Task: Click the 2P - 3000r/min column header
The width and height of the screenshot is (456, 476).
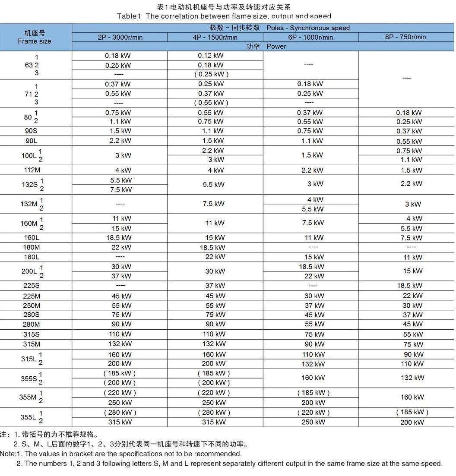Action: pyautogui.click(x=120, y=37)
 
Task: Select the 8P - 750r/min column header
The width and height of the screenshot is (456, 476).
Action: pyautogui.click(x=405, y=37)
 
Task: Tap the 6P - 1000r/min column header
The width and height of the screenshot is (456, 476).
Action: pyautogui.click(x=310, y=37)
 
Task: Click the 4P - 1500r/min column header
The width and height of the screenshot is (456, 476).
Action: pyautogui.click(x=215, y=37)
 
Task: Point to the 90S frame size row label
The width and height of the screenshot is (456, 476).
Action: pyautogui.click(x=31, y=131)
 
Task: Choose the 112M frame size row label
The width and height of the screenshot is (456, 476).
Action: pyautogui.click(x=32, y=170)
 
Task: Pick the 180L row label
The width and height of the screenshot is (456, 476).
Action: pyautogui.click(x=32, y=257)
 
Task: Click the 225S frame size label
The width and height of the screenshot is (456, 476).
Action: pyautogui.click(x=32, y=285)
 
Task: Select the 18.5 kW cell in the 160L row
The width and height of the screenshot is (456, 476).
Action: pyautogui.click(x=120, y=237)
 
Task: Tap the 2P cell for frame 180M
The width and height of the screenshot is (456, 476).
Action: pyautogui.click(x=120, y=247)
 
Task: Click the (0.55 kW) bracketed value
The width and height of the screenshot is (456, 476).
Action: pyautogui.click(x=211, y=103)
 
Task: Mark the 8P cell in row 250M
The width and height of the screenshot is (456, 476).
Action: pyautogui.click(x=413, y=306)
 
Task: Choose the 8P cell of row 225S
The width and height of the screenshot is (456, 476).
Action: pyautogui.click(x=409, y=286)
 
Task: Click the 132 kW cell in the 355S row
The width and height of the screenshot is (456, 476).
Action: pyautogui.click(x=412, y=378)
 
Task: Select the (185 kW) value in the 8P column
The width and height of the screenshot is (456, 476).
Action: pyautogui.click(x=412, y=412)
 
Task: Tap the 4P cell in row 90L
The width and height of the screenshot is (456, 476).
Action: pyautogui.click(x=214, y=141)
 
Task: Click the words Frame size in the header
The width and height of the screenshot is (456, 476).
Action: pyautogui.click(x=35, y=41)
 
